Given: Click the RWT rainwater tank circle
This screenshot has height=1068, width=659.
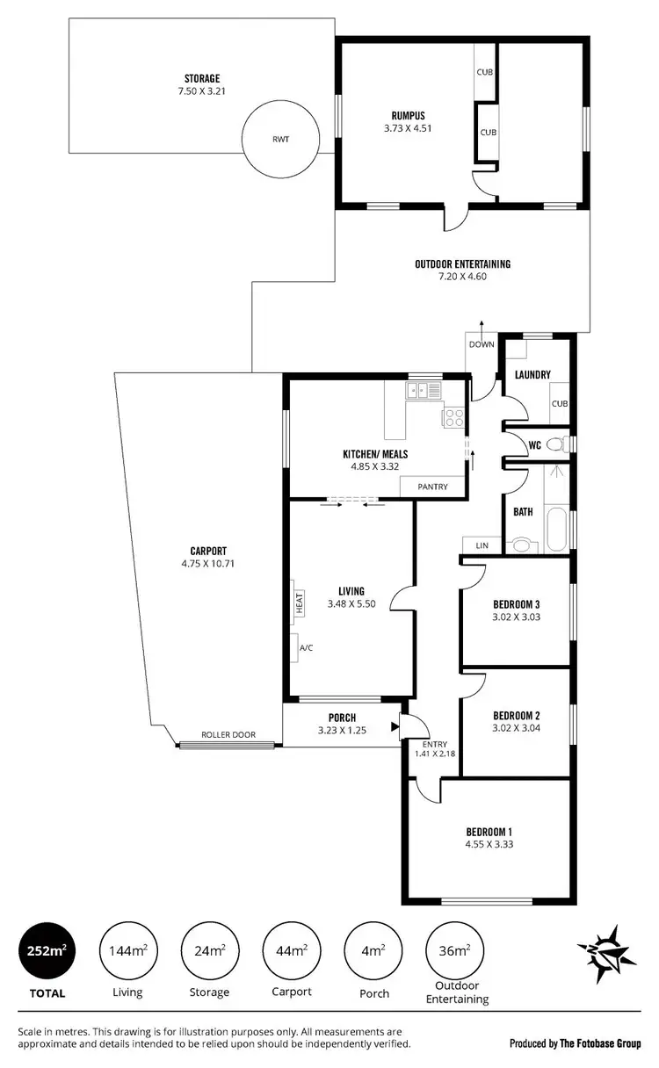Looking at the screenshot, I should click(280, 138).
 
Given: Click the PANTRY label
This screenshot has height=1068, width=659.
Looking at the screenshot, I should click(432, 487).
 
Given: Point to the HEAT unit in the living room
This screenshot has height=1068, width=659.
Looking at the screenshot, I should click(299, 603).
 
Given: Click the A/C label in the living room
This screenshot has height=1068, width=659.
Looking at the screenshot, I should click(307, 647).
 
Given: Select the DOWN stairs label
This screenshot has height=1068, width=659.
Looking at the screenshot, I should click(482, 344).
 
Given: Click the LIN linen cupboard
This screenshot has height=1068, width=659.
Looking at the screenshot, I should click(482, 545).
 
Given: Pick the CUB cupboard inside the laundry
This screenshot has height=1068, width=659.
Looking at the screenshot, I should click(560, 404).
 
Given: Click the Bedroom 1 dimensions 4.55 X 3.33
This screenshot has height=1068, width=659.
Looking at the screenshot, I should click(489, 845).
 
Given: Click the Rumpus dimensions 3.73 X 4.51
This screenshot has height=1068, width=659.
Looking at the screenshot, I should click(408, 127).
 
